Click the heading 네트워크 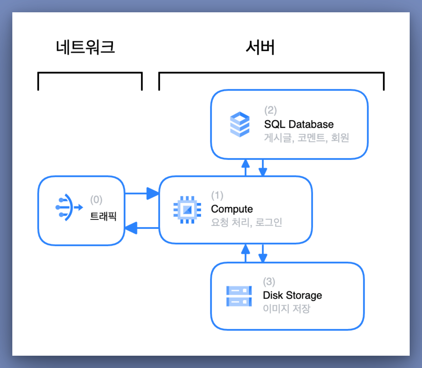pyautogui.click(x=85, y=47)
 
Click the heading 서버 pyautogui.click(x=260, y=47)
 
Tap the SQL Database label pyautogui.click(x=299, y=124)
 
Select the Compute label pyautogui.click(x=232, y=209)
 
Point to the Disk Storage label pyautogui.click(x=293, y=296)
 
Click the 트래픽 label pyautogui.click(x=103, y=216)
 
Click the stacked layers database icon pyautogui.click(x=240, y=124)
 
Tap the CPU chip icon pyautogui.click(x=187, y=210)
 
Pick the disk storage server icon pyautogui.click(x=239, y=296)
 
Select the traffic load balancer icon pyautogui.click(x=69, y=208)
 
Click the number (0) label pyautogui.click(x=96, y=200)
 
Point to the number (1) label pyautogui.click(x=217, y=196)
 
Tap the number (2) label pyautogui.click(x=271, y=110)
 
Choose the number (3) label pyautogui.click(x=269, y=282)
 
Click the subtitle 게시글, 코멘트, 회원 pyautogui.click(x=307, y=138)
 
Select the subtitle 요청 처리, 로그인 pyautogui.click(x=247, y=222)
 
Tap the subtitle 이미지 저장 pyautogui.click(x=287, y=309)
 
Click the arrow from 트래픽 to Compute pyautogui.click(x=142, y=193)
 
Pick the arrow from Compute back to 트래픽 pyautogui.click(x=142, y=228)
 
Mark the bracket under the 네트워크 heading pyautogui.click(x=90, y=73)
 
